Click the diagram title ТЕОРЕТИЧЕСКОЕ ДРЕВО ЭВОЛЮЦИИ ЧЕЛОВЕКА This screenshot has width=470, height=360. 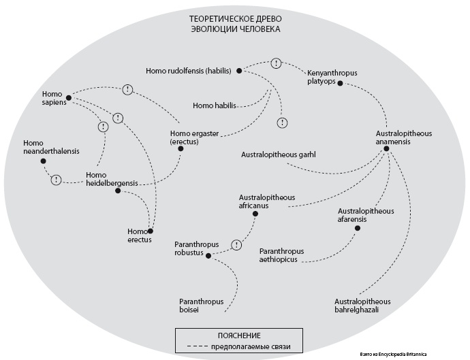coord(234,24)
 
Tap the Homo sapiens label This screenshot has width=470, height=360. coord(52,98)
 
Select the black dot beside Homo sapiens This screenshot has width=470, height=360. coord(69,97)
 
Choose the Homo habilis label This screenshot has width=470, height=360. coord(215,105)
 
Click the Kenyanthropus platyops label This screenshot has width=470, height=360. coord(332,76)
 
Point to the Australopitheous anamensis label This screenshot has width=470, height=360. coord(404,138)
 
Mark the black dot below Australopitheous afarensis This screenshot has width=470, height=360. coord(357,228)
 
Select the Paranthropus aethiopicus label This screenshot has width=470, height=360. coord(281,255)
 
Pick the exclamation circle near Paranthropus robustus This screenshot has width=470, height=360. coord(236,245)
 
